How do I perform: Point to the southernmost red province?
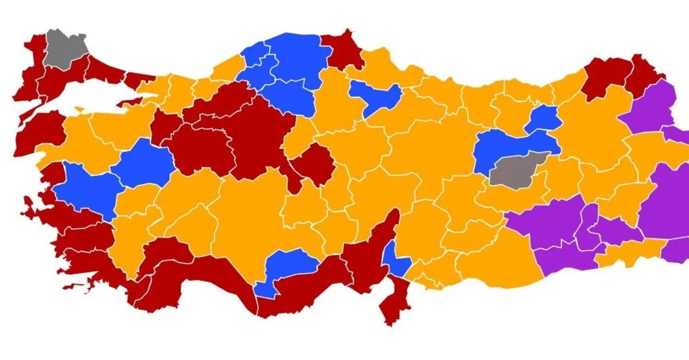[x=395, y=299]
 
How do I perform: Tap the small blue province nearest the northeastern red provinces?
[x=542, y=119]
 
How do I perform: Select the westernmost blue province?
[x=86, y=189]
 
